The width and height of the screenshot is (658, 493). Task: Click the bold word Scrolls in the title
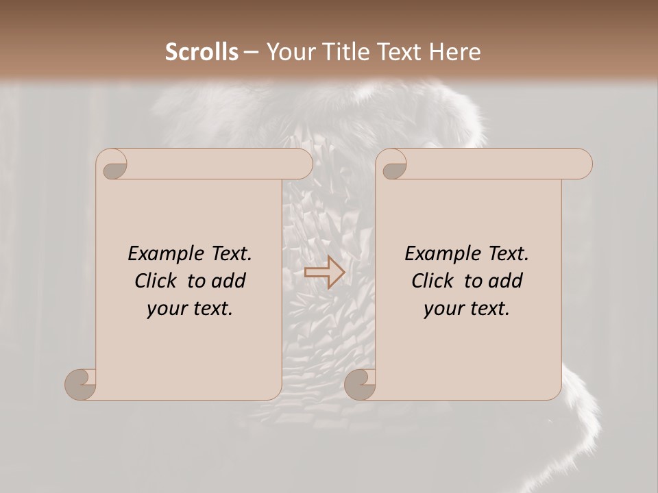tap(202, 52)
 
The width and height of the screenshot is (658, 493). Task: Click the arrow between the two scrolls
tap(324, 273)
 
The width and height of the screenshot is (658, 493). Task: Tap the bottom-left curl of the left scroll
tap(80, 383)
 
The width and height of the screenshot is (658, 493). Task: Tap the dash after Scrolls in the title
tap(251, 52)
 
